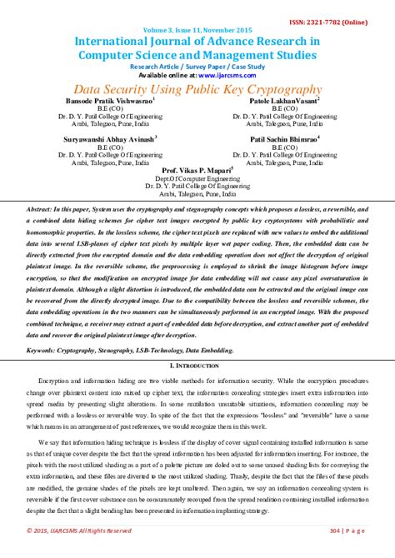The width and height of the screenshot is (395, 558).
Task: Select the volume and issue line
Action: [x=197, y=29]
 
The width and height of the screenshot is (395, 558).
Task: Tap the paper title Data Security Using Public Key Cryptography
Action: [x=197, y=89]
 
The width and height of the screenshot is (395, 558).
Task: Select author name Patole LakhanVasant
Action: [x=284, y=99]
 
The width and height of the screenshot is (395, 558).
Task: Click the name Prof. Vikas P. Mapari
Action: [x=197, y=169]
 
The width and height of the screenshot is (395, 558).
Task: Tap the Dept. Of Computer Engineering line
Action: [x=197, y=177]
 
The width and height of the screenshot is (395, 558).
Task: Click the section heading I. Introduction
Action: [x=197, y=366]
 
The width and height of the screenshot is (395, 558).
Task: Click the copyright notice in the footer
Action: [x=79, y=530]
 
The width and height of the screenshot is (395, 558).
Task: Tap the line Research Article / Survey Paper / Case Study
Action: [x=197, y=66]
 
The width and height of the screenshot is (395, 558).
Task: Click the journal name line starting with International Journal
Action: [x=197, y=41]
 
